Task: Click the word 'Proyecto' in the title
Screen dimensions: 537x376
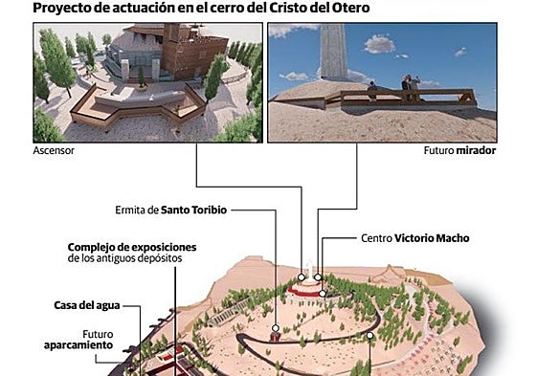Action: point(63,9)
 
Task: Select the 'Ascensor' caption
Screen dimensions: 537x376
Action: point(54,151)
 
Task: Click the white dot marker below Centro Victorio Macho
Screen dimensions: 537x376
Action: point(324,294)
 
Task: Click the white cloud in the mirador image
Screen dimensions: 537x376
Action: point(380,43)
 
